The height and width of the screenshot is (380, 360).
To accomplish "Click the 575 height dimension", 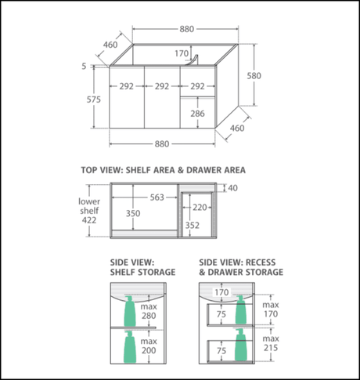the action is pos(94,100).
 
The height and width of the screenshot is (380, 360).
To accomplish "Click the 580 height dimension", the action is pos(254,76).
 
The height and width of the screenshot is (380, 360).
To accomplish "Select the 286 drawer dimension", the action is pos(197,114).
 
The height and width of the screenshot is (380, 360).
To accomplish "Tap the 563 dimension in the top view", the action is pos(157,197).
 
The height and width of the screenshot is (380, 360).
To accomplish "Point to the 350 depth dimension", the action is pos(133,213).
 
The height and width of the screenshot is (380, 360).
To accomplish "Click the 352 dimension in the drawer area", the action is pos(193,225).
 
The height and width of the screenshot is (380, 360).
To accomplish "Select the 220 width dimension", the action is pos(200,208).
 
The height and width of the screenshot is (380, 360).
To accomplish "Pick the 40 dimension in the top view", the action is pos(232,188).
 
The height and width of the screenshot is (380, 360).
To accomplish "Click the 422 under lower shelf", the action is pos(89,220).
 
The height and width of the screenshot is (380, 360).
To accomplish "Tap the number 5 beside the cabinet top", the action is pos(84,67).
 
